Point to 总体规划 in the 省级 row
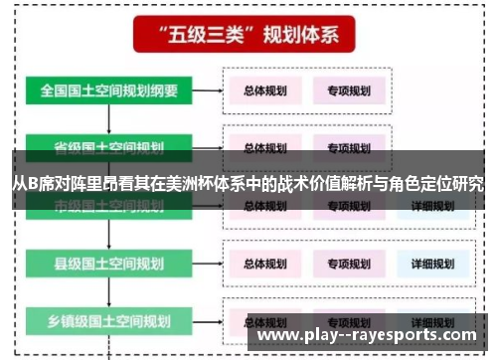pyautogui.click(x=264, y=146)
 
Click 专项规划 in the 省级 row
pyautogui.click(x=346, y=146)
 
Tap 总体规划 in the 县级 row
pyautogui.click(x=264, y=265)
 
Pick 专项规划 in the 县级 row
pyautogui.click(x=346, y=265)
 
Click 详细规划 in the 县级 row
pyautogui.click(x=427, y=265)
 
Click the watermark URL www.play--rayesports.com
pyautogui.click(x=371, y=335)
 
